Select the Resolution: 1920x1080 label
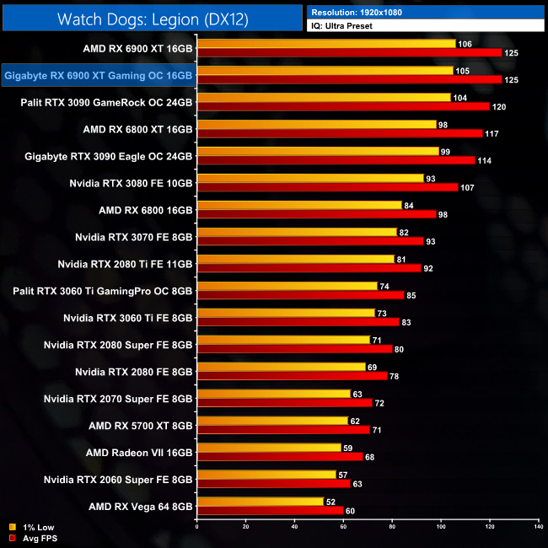(358, 12)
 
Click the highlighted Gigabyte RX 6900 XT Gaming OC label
(99, 76)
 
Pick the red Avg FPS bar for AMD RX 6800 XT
(339, 133)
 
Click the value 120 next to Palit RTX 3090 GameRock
(499, 107)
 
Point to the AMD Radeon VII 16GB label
(139, 452)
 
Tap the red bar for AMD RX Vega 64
(270, 510)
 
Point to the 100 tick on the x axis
(440, 528)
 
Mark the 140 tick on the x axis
(538, 528)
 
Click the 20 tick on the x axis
(245, 528)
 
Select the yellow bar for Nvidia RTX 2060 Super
(266, 475)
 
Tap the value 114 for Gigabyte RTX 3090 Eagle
(485, 160)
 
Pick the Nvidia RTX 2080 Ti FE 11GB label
(126, 263)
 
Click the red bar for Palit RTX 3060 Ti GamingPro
(300, 295)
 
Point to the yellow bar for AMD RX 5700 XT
(271, 421)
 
